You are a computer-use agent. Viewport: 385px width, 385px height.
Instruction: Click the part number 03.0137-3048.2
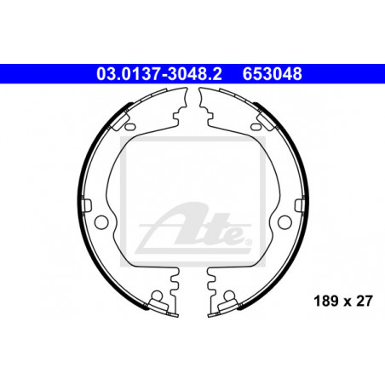coord(159,74)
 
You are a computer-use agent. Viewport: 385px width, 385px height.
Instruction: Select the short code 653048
coord(272,74)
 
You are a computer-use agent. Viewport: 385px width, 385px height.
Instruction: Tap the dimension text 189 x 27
coord(342,301)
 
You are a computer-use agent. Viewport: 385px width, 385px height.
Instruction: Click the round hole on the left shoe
coord(101,221)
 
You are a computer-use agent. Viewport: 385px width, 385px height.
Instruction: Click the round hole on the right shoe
coord(284,221)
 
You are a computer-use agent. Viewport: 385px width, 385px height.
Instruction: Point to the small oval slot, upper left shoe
coord(130,126)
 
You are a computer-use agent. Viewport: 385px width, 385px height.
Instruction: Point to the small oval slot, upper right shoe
coord(256,126)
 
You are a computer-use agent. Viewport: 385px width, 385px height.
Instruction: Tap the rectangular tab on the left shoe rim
coord(87,205)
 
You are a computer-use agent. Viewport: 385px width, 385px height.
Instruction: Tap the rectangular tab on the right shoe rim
coord(300,205)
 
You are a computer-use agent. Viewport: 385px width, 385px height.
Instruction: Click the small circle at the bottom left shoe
coord(157,296)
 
